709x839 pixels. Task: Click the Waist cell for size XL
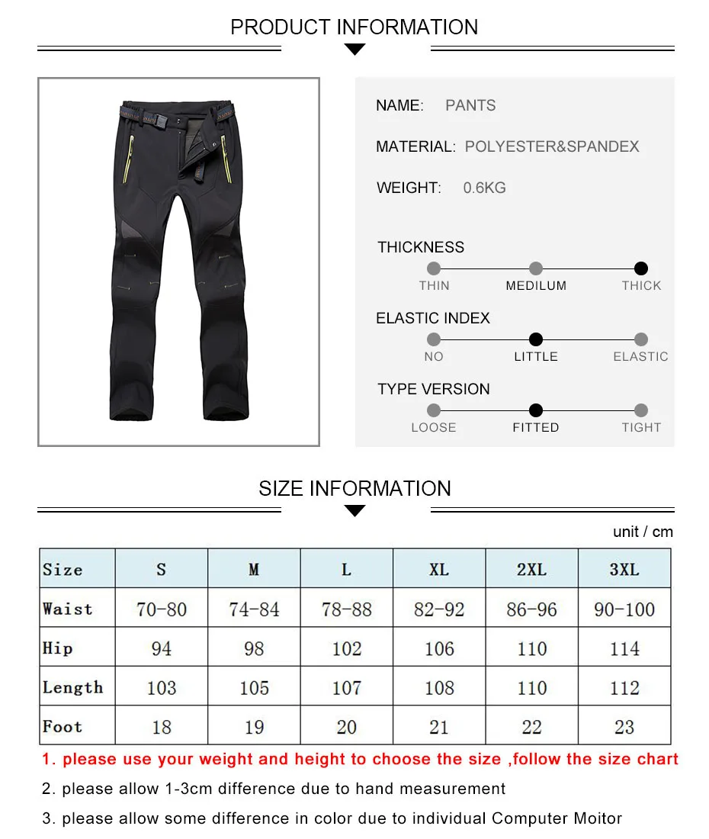[439, 609]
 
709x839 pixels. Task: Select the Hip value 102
[346, 648]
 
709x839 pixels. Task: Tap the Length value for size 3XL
[624, 688]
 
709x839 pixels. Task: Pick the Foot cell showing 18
[162, 727]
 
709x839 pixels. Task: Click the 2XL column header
[531, 570]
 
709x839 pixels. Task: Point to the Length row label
[73, 687]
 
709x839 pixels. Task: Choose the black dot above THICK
[641, 268]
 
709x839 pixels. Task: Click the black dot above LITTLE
[536, 339]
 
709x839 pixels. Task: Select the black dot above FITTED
[536, 410]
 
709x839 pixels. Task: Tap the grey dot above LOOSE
[434, 410]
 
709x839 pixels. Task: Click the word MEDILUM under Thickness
[536, 286]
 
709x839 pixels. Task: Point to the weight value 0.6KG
[484, 188]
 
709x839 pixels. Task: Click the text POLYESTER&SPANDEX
[552, 146]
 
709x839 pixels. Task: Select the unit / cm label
[643, 532]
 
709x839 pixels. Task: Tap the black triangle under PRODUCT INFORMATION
[355, 50]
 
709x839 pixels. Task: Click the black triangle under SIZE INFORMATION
[355, 511]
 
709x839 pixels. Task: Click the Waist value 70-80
[162, 609]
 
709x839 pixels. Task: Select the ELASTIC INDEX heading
[433, 318]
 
